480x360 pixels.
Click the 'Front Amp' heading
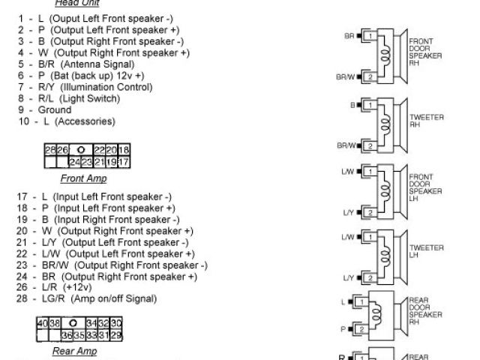tap(83, 178)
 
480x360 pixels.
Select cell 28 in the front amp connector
tap(50, 151)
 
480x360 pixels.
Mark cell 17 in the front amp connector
tap(124, 161)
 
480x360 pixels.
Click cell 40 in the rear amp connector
tap(43, 322)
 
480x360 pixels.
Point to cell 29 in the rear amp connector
tap(117, 334)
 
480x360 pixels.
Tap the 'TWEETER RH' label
tap(427, 121)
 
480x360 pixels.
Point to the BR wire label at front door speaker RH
tap(349, 35)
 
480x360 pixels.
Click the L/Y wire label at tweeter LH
tap(347, 277)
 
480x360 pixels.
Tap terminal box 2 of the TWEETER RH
tap(370, 145)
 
